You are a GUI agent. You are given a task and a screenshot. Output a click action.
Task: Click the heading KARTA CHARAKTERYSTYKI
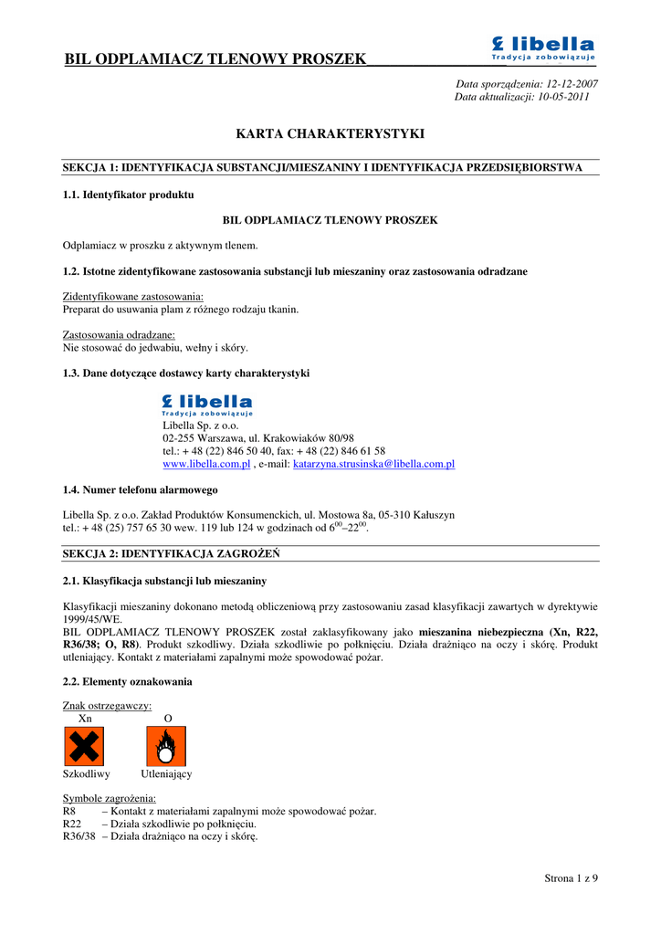click(330, 134)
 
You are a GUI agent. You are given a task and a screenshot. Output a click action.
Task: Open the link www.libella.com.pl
click(206, 464)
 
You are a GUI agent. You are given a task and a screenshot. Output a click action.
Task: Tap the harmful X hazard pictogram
click(83, 746)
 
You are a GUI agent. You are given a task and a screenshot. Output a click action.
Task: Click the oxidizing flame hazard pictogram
click(166, 746)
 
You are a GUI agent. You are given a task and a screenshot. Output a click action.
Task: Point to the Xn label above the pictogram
click(85, 719)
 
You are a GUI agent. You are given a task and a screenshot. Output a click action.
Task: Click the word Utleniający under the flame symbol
click(166, 774)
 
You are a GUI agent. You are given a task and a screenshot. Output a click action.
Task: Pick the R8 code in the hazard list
click(69, 811)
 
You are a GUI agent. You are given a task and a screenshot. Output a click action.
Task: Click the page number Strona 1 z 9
click(571, 878)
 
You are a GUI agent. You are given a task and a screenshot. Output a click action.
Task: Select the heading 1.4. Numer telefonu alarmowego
click(140, 490)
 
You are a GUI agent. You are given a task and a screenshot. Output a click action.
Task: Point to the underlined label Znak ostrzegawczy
click(107, 706)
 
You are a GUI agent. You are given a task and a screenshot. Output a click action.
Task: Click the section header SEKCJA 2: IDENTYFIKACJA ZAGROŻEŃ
click(171, 554)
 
